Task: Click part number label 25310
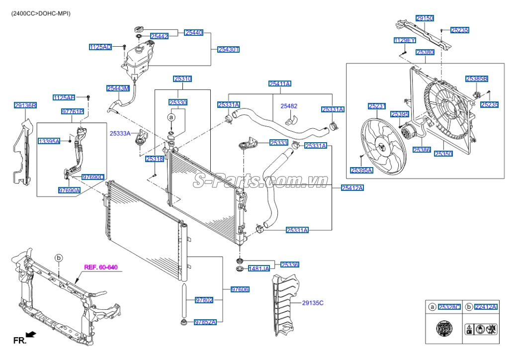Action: [182, 79]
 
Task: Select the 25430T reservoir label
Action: [228, 49]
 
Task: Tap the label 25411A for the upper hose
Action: [280, 84]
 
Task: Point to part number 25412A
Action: [352, 187]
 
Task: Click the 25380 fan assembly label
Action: [425, 52]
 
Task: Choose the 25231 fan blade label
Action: [377, 106]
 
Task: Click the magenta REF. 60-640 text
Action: [100, 268]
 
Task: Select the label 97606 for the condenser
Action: [240, 289]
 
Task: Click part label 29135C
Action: [313, 302]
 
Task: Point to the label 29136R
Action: [25, 105]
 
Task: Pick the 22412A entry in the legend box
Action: [486, 307]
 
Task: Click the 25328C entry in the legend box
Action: [449, 307]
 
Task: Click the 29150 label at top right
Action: [425, 18]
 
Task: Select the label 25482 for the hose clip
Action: [289, 106]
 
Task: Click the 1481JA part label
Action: [259, 269]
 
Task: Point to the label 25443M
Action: [118, 88]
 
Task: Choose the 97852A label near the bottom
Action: [205, 322]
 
